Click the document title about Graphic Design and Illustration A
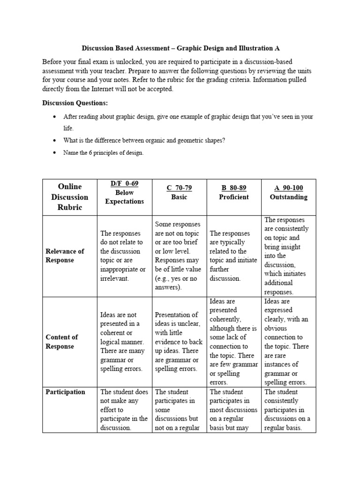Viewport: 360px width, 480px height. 180,48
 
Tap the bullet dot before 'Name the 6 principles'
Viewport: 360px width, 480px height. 55,153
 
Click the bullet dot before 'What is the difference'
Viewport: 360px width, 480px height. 55,141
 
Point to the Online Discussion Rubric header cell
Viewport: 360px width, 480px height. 69,197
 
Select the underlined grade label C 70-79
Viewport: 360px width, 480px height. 179,188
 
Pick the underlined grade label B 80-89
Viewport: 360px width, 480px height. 234,188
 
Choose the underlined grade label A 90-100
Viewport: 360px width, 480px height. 288,188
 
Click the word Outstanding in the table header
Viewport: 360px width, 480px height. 288,197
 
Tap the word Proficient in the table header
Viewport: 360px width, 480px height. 234,197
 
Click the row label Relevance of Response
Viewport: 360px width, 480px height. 65,255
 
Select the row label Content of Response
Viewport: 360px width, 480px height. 62,342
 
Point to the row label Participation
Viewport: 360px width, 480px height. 65,392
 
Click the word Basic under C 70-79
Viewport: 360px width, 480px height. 179,197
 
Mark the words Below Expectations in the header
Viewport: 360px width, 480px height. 124,197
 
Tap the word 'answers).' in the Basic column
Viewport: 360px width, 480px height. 168,287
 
